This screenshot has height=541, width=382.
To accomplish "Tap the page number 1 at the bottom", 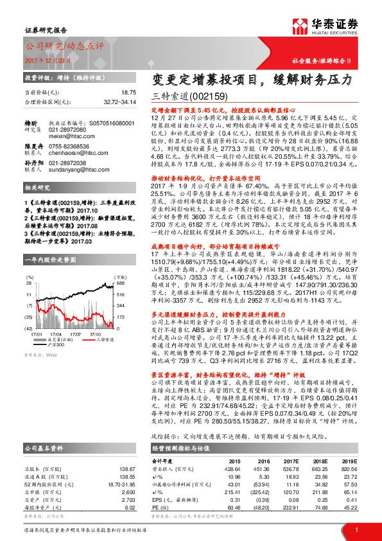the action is pyautogui.click(x=356, y=528).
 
